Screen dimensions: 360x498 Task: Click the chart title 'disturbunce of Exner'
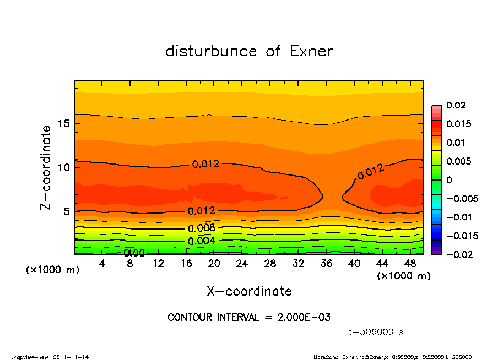tap(249, 51)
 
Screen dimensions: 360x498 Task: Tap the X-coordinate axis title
tap(249, 291)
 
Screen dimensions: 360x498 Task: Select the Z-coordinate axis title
tap(46, 167)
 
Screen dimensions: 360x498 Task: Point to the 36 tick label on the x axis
tap(326, 264)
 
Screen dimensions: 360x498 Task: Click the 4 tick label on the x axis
tap(102, 264)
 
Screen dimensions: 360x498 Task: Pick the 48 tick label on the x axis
tap(410, 264)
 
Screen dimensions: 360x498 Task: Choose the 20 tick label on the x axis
tap(214, 264)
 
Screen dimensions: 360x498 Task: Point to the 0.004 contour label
tap(202, 241)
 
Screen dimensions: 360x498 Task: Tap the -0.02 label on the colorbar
tap(458, 254)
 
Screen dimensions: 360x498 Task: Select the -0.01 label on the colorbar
tap(458, 217)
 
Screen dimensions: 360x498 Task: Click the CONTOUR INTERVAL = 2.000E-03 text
tap(249, 318)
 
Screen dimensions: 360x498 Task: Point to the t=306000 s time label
tap(376, 332)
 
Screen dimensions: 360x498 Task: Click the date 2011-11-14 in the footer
tap(71, 357)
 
